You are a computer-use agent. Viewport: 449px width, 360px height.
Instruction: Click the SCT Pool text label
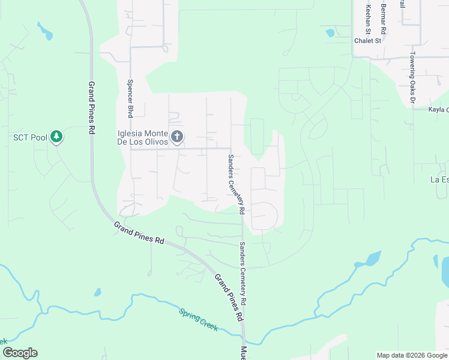[x=30, y=137]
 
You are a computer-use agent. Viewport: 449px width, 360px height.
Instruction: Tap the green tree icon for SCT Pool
[x=56, y=137]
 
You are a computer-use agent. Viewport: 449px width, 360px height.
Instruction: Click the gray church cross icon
[x=176, y=137]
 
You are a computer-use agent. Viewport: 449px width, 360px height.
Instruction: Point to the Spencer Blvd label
[x=130, y=98]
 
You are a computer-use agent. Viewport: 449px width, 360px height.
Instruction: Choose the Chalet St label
[x=368, y=41]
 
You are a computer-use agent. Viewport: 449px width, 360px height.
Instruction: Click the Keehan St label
[x=368, y=17]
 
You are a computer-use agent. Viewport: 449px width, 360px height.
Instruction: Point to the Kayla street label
[x=438, y=110]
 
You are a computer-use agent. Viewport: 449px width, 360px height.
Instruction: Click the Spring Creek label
[x=197, y=320]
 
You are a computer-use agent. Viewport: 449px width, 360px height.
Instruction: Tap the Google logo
[x=20, y=353]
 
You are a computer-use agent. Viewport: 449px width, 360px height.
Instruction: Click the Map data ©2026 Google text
[x=412, y=355]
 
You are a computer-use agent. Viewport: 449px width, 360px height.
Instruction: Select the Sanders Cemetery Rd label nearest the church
[x=235, y=184]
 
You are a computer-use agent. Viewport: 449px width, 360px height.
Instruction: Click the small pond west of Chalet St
[x=330, y=32]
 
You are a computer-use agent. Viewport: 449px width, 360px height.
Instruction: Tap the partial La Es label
[x=439, y=179]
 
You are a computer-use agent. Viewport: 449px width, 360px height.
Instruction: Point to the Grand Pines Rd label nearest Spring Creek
[x=228, y=296]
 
